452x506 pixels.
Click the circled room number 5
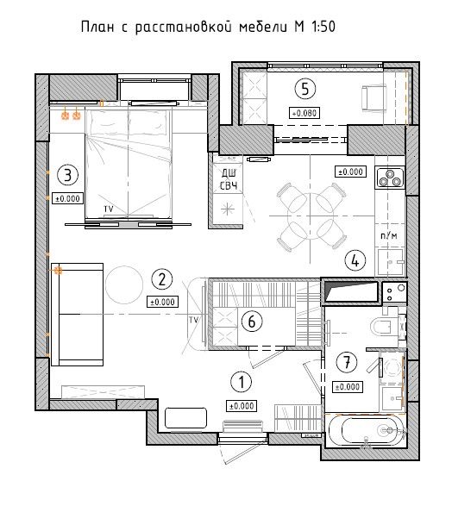coord(305,89)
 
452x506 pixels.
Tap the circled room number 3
coord(68,175)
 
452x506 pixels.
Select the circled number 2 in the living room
coord(162,279)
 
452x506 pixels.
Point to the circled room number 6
coord(252,321)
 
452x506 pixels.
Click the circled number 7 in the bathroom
coord(347,362)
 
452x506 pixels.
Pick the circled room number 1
coord(242,382)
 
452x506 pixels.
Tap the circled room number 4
coord(355,260)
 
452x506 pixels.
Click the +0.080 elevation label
coord(304,113)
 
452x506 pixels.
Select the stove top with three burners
coord(390,178)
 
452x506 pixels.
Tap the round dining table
coord(311,216)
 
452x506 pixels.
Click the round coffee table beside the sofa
coord(124,284)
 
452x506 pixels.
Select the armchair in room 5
coord(374,97)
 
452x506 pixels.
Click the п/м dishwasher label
coord(389,235)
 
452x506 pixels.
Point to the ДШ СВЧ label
coord(229,179)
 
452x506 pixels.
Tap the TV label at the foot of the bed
coord(109,209)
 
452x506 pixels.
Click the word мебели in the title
coord(263,27)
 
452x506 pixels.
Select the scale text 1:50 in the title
coord(323,27)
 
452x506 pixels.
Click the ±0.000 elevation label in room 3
coord(68,198)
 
